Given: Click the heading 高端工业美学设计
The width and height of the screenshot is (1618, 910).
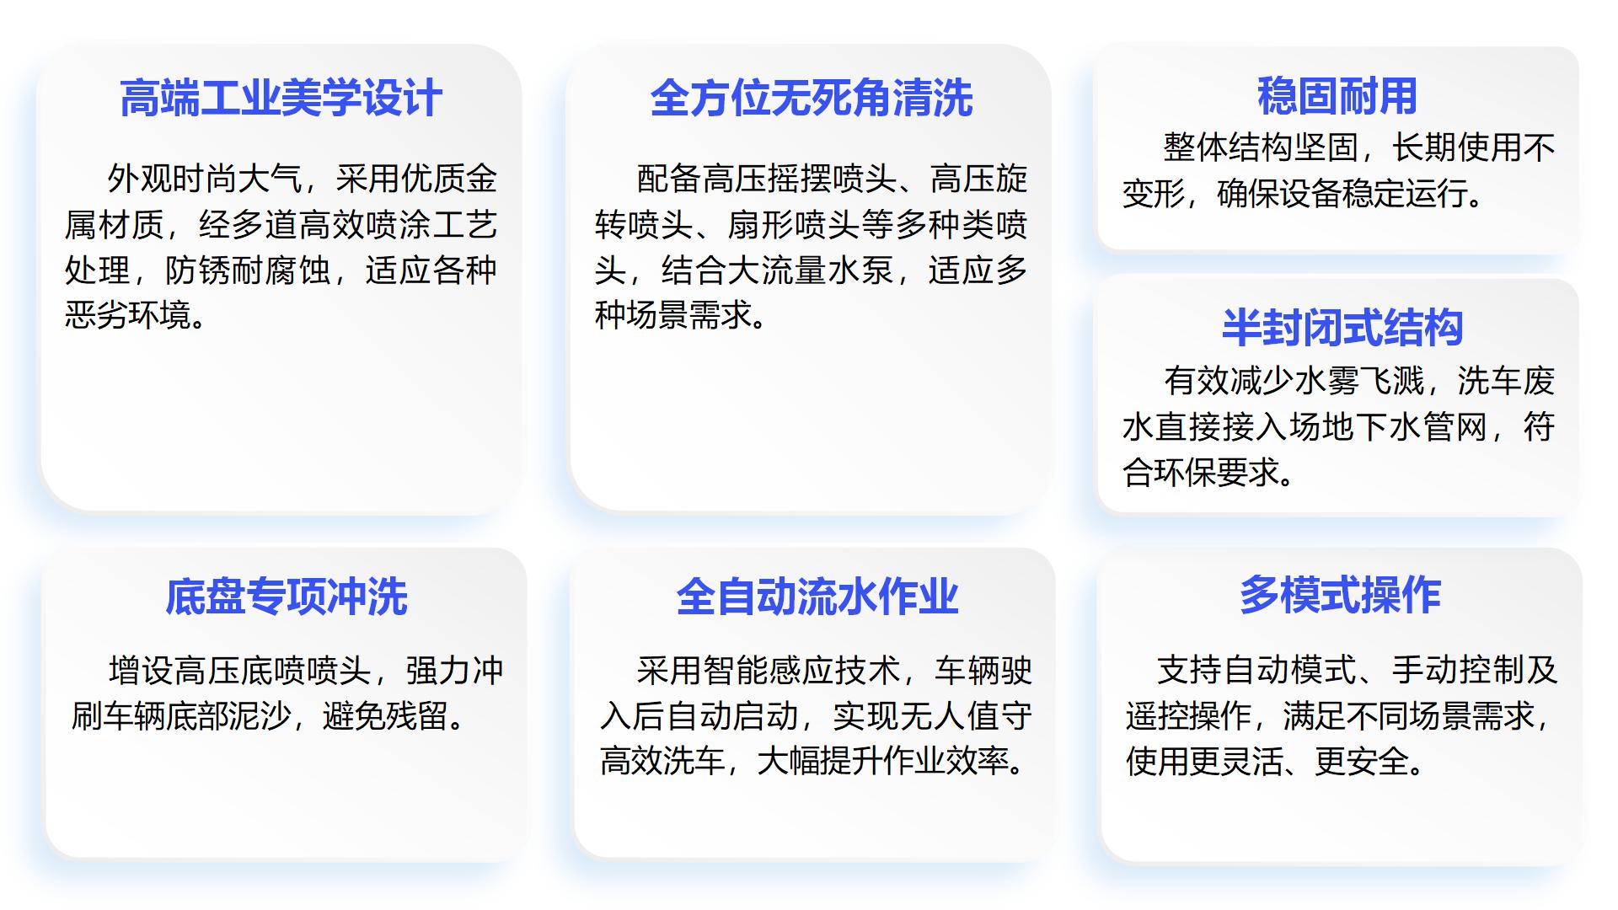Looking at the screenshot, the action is (281, 98).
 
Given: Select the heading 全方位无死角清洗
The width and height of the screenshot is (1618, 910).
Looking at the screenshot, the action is (812, 98).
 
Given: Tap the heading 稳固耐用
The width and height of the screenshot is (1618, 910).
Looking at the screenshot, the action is (1337, 95).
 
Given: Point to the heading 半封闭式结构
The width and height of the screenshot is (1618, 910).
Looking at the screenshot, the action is (1342, 328).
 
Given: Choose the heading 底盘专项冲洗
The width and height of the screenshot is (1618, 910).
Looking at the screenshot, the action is (287, 597).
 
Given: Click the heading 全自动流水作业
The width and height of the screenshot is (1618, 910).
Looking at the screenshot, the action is (817, 597).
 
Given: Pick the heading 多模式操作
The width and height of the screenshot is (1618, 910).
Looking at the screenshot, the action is (1340, 595).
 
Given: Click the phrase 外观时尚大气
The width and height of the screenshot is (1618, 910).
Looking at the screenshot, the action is (205, 179).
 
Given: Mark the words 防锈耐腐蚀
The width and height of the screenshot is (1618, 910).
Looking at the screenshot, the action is (248, 270).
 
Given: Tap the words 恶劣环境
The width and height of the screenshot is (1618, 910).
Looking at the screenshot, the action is (130, 316).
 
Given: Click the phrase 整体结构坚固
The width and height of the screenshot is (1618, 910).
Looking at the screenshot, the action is (1262, 147).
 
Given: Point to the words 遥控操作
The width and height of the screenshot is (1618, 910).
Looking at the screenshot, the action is (1190, 716).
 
